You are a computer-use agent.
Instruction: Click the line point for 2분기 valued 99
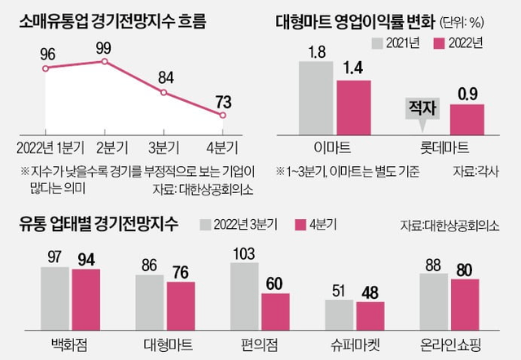(x=105, y=61)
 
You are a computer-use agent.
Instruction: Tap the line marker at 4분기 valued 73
(x=222, y=115)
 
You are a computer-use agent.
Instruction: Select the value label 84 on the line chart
(x=165, y=78)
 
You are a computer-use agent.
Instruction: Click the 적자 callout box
(x=421, y=105)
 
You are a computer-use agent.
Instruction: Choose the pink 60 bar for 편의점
(x=275, y=310)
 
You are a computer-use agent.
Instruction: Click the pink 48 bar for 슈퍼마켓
(x=370, y=314)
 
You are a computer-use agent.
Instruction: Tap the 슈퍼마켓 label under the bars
(x=356, y=342)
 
